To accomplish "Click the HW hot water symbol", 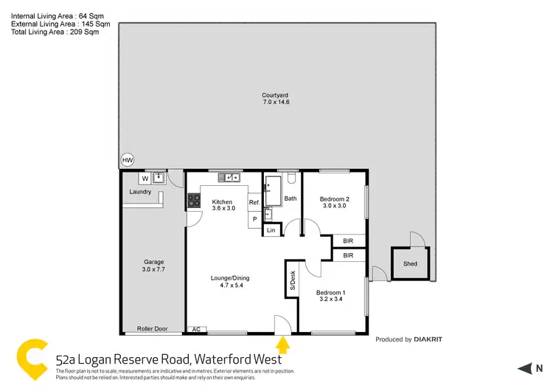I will point(128,160).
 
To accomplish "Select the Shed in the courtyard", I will point(409,264).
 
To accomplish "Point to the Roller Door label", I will point(152,329).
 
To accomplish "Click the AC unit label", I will point(196,329).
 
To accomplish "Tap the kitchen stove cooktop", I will point(194,199).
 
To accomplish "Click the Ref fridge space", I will point(254,202).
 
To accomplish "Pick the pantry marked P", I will point(254,218).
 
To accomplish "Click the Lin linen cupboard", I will point(271,231).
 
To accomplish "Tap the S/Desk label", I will point(292,280).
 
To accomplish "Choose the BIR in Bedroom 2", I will point(349,241).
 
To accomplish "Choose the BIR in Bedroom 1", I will point(349,255).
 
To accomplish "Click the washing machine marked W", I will point(145,178).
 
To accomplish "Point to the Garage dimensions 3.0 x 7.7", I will point(153,270).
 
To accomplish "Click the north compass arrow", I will point(525,368).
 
